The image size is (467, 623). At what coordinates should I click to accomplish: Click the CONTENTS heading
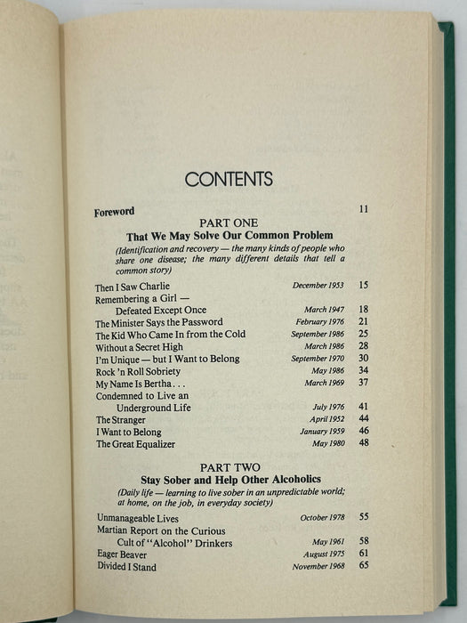pos(229,179)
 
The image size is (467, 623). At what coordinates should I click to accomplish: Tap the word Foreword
pos(114,213)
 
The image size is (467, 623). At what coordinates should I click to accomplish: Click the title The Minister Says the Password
pos(158,322)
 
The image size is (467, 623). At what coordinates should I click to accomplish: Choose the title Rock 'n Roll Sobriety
pos(138,371)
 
